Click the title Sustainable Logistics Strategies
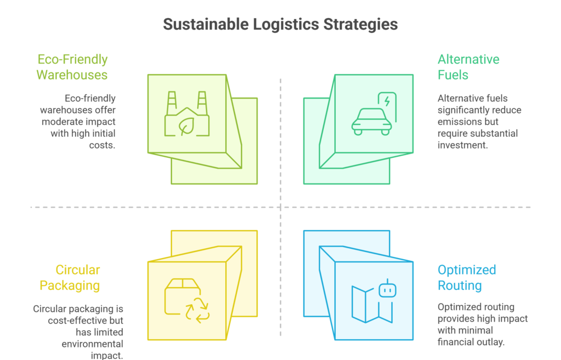coord(280,25)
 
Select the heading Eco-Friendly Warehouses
coord(72,67)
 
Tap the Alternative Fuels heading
coord(468,67)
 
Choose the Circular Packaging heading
coord(77,277)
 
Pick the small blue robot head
coord(387,289)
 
